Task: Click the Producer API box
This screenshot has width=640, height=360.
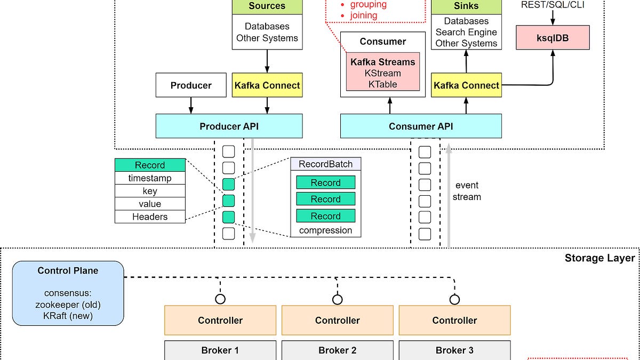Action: (x=229, y=126)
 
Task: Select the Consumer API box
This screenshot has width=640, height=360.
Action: (x=421, y=126)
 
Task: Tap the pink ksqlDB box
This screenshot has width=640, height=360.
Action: (x=553, y=39)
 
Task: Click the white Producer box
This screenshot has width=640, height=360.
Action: (x=191, y=85)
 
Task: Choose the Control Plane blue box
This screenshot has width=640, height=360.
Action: (x=68, y=293)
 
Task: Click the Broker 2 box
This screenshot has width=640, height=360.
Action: (x=337, y=350)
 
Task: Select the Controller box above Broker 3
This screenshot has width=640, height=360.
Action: (x=454, y=321)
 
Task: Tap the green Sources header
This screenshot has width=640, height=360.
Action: (x=267, y=6)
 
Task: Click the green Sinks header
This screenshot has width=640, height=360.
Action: (x=466, y=6)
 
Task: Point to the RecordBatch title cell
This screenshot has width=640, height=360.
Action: (x=325, y=164)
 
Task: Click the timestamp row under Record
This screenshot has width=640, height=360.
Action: (x=150, y=178)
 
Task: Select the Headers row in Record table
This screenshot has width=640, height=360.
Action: (x=150, y=217)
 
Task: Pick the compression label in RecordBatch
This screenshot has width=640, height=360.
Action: (x=325, y=230)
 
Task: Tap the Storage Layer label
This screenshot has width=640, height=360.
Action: (x=599, y=258)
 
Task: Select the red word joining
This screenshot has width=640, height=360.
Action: (x=364, y=15)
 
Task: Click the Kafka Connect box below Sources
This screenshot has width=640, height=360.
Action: (x=267, y=85)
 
